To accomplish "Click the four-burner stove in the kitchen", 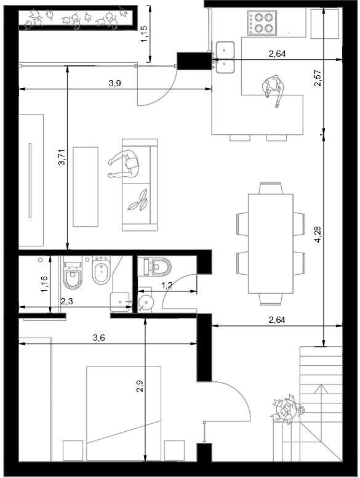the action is [x=262, y=23].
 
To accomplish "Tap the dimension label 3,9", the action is [x=115, y=83].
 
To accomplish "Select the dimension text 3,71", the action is [x=62, y=157].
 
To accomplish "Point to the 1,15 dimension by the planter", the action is [x=144, y=33].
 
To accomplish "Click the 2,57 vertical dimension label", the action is [x=318, y=78].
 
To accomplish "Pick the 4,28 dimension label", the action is [x=318, y=235].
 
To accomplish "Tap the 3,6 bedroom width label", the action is [x=98, y=338].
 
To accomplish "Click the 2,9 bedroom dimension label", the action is [x=140, y=386].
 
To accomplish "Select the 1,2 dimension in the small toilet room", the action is [x=167, y=285].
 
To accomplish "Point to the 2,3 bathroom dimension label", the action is [x=66, y=301].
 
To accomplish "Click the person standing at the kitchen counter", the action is [x=273, y=90].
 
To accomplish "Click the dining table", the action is [x=271, y=243].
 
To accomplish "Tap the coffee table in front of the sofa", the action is [x=86, y=187].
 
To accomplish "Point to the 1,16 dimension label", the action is [x=44, y=284].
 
